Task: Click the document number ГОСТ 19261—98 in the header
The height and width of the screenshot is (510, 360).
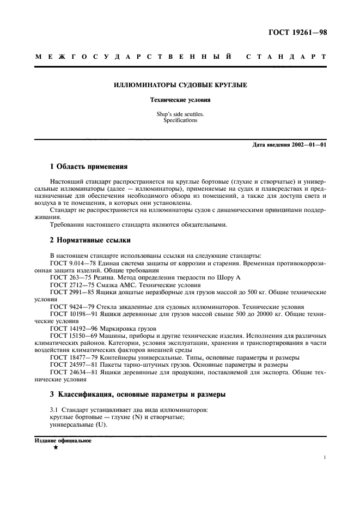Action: tap(298, 32)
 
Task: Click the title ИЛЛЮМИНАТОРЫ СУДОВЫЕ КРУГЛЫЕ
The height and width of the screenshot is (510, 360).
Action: tap(180, 86)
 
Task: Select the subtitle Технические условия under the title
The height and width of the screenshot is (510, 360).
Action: tap(180, 100)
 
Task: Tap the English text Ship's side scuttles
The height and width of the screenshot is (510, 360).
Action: tap(180, 114)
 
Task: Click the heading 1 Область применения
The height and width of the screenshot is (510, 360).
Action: tap(88, 167)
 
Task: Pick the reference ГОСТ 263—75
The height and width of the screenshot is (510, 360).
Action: tap(66, 277)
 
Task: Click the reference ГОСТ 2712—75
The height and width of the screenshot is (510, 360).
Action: tap(68, 284)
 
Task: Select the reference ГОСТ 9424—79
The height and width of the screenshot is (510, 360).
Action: tap(68, 306)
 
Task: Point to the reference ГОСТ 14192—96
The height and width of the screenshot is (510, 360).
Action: tap(69, 328)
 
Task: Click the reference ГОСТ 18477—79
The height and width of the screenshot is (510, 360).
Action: tap(69, 357)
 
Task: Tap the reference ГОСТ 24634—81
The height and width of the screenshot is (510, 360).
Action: tap(69, 372)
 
